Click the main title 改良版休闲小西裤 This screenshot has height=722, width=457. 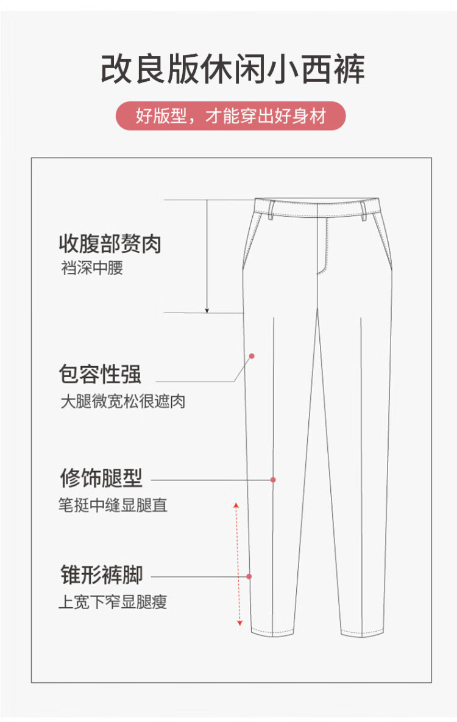pyautogui.click(x=232, y=69)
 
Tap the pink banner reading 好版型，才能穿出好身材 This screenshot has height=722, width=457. pyautogui.click(x=230, y=115)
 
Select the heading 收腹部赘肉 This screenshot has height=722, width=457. pyautogui.click(x=110, y=243)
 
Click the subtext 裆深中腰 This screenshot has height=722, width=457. pyautogui.click(x=92, y=267)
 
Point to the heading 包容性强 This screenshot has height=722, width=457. pyautogui.click(x=100, y=374)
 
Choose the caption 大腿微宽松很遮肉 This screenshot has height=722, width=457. pyautogui.click(x=122, y=401)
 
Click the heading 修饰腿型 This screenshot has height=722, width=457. pyautogui.click(x=101, y=478)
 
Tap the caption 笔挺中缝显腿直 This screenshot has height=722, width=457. pyautogui.click(x=113, y=505)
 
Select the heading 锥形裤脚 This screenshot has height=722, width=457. pyautogui.click(x=102, y=574)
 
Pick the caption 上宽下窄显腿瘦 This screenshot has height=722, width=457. pyautogui.click(x=113, y=601)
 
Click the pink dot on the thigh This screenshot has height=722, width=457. pyautogui.click(x=252, y=356)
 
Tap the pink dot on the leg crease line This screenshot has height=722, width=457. pyautogui.click(x=273, y=480)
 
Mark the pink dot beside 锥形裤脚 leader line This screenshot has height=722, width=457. pyautogui.click(x=249, y=577)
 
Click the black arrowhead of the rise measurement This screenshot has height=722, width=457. pyautogui.click(x=207, y=311)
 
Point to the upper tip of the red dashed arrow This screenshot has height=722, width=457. pyautogui.click(x=236, y=503)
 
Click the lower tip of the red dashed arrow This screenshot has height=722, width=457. pyautogui.click(x=239, y=626)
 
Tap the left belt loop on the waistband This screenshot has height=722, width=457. pyautogui.click(x=271, y=209)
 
